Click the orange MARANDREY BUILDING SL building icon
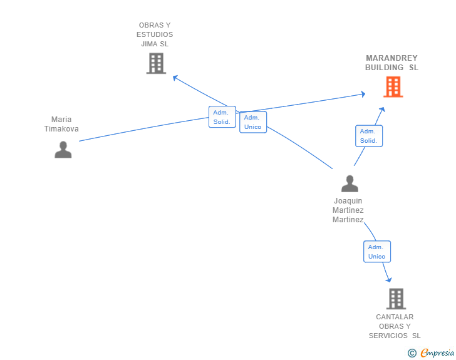pyautogui.click(x=393, y=86)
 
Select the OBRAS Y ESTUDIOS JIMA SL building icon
pyautogui.click(x=156, y=63)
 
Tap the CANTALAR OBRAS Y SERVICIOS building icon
pyautogui.click(x=396, y=299)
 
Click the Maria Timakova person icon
pyautogui.click(x=63, y=150)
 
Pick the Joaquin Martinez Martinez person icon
pyautogui.click(x=350, y=183)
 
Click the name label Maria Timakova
pyautogui.click(x=61, y=124)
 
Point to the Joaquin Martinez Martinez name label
pyautogui.click(x=348, y=210)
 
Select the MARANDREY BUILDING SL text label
pyautogui.click(x=391, y=63)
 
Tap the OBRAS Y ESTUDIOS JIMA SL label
pyautogui.click(x=155, y=34)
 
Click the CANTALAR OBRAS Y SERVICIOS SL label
pyautogui.click(x=395, y=326)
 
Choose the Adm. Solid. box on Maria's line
pyautogui.click(x=222, y=117)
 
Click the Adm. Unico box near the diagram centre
pyautogui.click(x=253, y=122)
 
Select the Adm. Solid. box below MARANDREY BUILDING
pyautogui.click(x=369, y=136)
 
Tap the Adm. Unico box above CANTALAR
pyautogui.click(x=377, y=252)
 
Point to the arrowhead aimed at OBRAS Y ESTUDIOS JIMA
pyautogui.click(x=175, y=78)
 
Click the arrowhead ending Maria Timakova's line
pyautogui.click(x=363, y=94)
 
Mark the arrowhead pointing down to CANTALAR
pyautogui.click(x=388, y=280)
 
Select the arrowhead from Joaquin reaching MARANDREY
pyautogui.click(x=383, y=110)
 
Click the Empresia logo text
pyautogui.click(x=437, y=352)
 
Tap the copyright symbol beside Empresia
pyautogui.click(x=412, y=353)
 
